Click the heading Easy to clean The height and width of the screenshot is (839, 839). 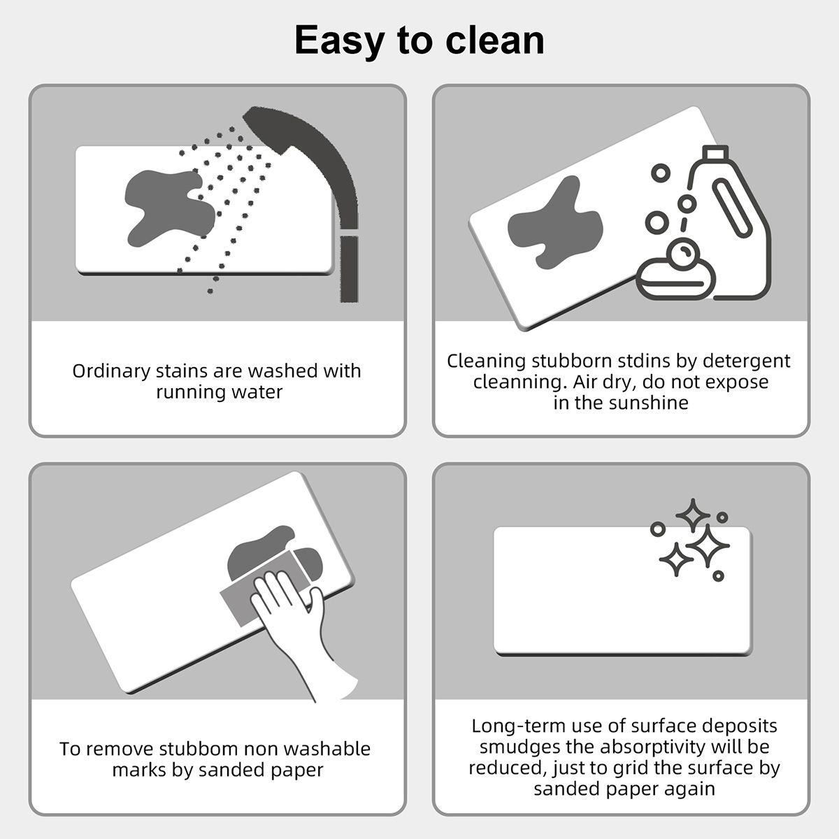click(419, 40)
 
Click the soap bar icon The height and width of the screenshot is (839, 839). click(675, 277)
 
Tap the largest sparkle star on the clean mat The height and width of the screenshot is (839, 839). click(706, 545)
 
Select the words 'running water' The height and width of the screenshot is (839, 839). click(219, 392)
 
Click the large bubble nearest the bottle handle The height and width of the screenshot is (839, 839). click(687, 203)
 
